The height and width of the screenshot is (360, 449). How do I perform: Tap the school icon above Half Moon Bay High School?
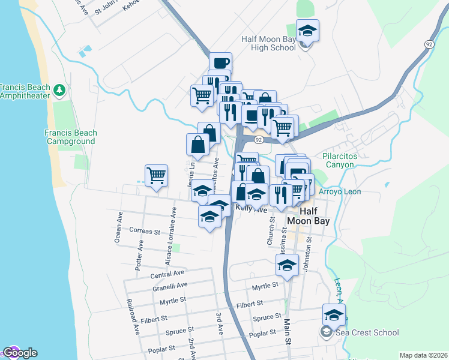307,31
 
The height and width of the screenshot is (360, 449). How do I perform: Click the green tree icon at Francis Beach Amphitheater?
59,90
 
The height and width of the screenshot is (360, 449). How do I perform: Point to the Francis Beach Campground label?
70,137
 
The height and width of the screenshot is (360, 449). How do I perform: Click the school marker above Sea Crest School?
334,314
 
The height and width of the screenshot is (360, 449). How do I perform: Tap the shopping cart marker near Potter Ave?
156,175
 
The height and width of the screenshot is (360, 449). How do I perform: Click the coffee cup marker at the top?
220,62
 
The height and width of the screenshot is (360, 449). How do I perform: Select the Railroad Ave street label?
133,316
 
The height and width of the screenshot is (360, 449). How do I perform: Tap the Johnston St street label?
309,254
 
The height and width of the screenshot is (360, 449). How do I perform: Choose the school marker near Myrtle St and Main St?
288,265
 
